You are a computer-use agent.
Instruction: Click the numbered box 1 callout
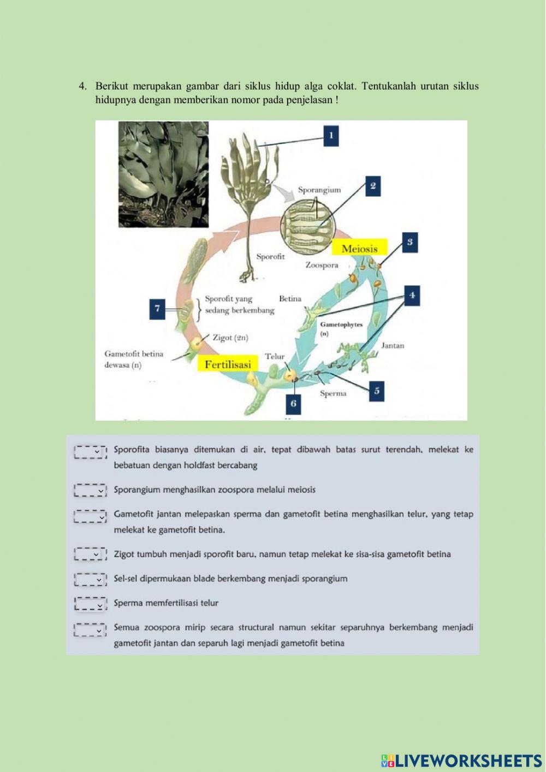[x=330, y=136]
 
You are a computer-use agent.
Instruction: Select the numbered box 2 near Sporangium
[x=372, y=186]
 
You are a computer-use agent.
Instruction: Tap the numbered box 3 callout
[x=410, y=242]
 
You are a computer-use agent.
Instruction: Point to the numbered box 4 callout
[x=412, y=295]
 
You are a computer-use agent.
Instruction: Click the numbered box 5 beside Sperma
[x=376, y=391]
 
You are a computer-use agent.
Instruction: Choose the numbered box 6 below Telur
[x=293, y=403]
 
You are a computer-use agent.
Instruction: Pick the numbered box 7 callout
[x=157, y=309]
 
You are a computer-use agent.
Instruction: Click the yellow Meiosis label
[x=359, y=249]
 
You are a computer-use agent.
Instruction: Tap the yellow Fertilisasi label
[x=228, y=364]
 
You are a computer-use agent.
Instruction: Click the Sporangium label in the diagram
[x=319, y=190]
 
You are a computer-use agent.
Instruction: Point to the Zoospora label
[x=322, y=265]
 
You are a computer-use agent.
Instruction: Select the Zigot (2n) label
[x=230, y=338]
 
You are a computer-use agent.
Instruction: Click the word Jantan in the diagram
[x=392, y=345]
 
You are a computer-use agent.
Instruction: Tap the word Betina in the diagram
[x=290, y=298]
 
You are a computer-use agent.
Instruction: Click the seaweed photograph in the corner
[x=163, y=174]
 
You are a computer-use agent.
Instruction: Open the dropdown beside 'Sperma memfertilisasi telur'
[x=91, y=604]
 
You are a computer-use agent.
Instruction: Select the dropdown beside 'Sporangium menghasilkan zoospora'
[x=91, y=490]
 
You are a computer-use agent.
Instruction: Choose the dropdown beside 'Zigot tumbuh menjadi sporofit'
[x=91, y=555]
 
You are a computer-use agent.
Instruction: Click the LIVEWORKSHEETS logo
[x=461, y=761]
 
